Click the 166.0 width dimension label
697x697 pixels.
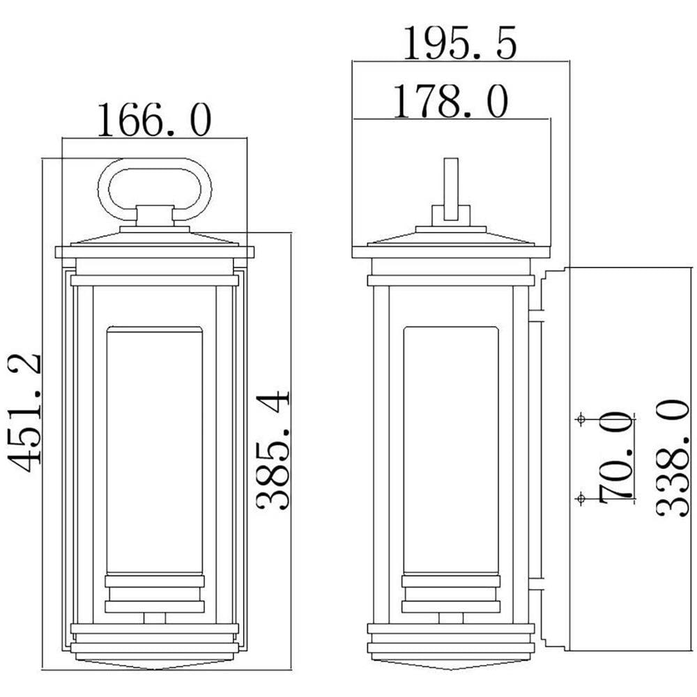(154, 120)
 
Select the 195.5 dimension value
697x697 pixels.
(460, 43)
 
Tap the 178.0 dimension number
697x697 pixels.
(451, 101)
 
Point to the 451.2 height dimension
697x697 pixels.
(24, 413)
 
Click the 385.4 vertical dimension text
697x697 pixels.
(273, 450)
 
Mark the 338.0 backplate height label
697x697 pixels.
(673, 457)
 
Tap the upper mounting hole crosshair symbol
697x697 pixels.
(580, 419)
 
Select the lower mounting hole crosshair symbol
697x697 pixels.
(580, 499)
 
